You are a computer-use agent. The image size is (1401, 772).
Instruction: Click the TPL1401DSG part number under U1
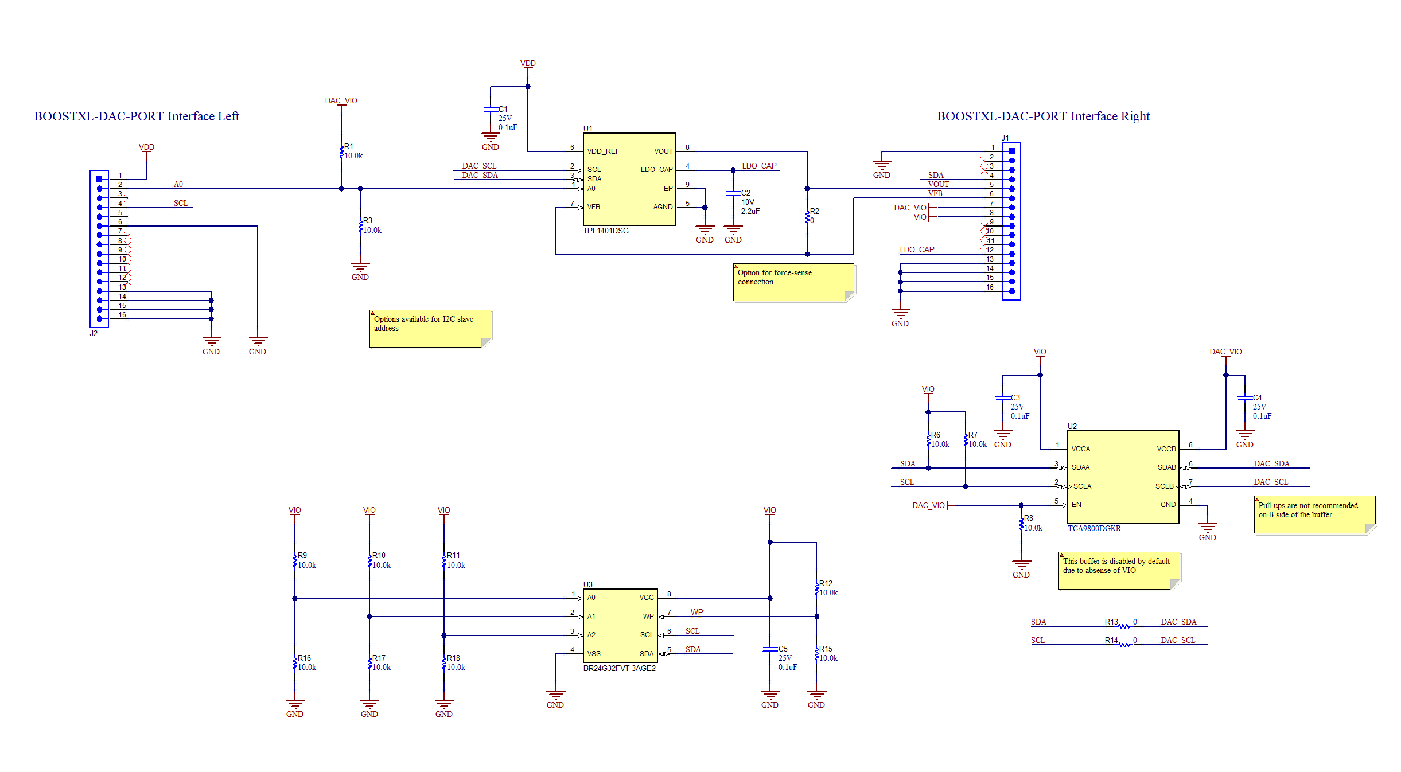[x=606, y=231]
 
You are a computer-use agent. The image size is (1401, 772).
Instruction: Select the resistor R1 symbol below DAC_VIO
[x=341, y=151]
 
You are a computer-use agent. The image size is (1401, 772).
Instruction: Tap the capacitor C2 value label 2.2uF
[x=750, y=211]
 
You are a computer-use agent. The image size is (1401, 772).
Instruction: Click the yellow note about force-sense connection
[x=793, y=282]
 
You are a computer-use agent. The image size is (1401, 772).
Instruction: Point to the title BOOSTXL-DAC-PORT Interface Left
[x=137, y=116]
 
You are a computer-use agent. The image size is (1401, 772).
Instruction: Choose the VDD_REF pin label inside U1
[x=603, y=151]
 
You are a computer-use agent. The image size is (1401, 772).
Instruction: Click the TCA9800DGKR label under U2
[x=1093, y=528]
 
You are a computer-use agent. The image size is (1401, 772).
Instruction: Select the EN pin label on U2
[x=1076, y=505]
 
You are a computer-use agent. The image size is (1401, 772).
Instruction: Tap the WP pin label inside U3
[x=648, y=617]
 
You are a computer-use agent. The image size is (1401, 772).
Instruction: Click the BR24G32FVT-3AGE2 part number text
[x=619, y=668]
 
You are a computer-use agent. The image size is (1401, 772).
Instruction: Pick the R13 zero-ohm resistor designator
[x=1111, y=622]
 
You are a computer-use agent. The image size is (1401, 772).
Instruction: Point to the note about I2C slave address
[x=429, y=328]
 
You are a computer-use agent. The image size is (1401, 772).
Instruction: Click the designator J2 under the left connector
[x=94, y=333]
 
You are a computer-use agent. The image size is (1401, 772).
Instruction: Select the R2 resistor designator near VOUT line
[x=815, y=211]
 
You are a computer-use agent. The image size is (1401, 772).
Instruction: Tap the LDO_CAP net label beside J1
[x=917, y=249]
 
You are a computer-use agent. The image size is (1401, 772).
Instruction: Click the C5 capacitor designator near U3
[x=783, y=649]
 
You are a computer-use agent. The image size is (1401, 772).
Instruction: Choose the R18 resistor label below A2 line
[x=453, y=658]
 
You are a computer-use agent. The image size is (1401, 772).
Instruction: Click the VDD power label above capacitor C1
[x=528, y=63]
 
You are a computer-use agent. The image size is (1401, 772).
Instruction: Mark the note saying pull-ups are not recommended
[x=1314, y=514]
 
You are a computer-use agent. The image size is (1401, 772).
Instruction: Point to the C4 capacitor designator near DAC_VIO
[x=1257, y=397]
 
